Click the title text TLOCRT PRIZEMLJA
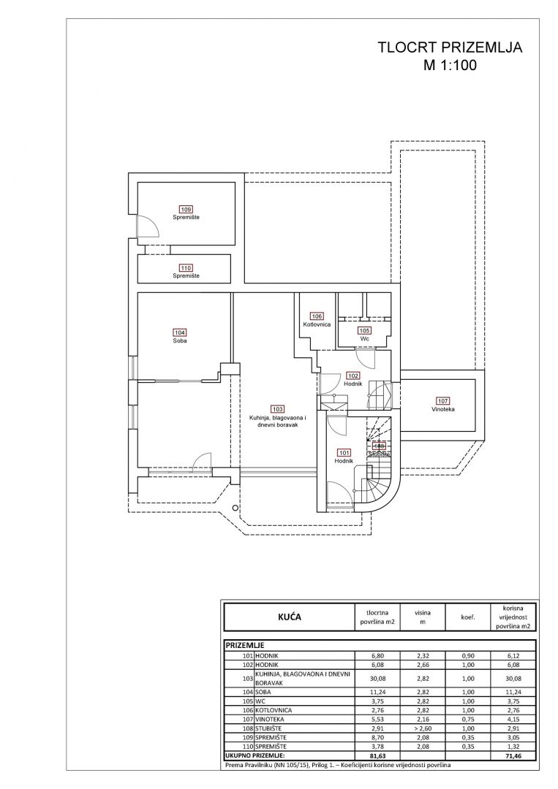449,48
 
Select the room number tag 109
186,210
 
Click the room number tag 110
186,267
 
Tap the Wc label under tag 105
364,338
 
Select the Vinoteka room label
443,409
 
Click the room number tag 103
276,409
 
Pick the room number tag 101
344,452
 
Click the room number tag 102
353,376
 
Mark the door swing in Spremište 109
148,226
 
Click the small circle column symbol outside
234,507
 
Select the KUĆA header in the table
289,617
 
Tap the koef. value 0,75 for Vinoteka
468,717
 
